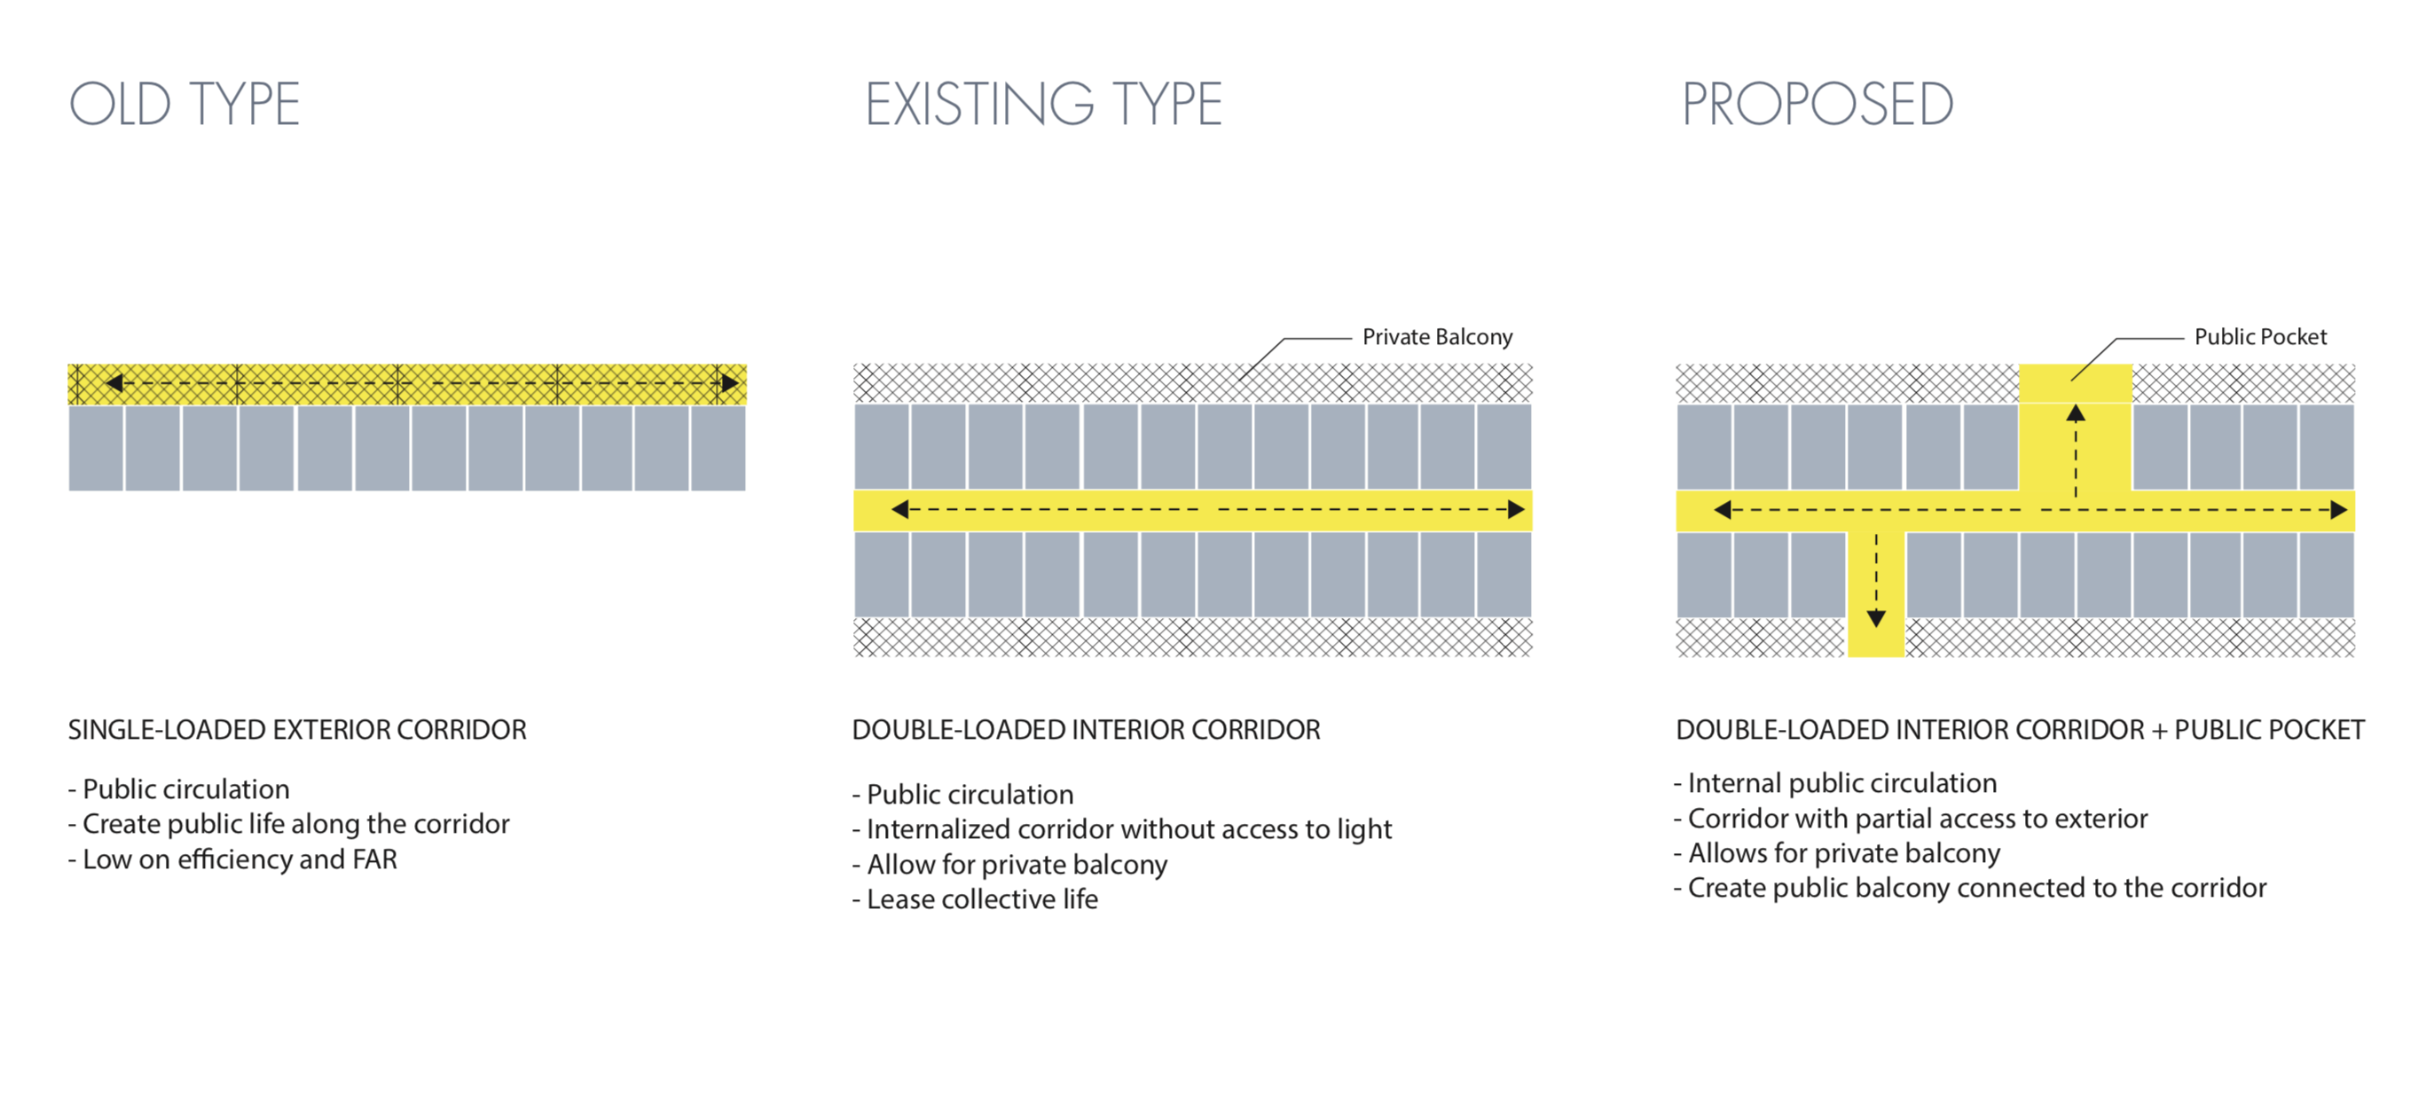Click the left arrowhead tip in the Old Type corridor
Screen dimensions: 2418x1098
(106, 383)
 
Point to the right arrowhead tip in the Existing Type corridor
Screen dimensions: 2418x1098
(1525, 510)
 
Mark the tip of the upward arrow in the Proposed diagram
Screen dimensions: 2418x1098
(2076, 404)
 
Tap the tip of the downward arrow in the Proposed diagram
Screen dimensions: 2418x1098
(1876, 627)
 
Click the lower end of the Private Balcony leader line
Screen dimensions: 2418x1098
(1238, 380)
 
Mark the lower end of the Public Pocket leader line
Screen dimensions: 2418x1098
(2070, 380)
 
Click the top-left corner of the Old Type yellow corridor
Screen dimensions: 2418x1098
(68, 365)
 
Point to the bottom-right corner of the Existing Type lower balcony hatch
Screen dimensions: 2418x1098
(1532, 656)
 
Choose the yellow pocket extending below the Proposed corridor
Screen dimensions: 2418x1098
(1876, 594)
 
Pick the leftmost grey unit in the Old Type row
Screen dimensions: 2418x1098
(96, 448)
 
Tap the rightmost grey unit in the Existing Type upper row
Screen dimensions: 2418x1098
(1503, 447)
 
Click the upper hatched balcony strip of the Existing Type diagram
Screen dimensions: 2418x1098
(1193, 383)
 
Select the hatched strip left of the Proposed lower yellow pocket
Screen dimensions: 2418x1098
(1762, 637)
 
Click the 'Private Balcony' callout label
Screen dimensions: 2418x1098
(1437, 337)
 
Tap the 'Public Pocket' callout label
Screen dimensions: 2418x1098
(2260, 337)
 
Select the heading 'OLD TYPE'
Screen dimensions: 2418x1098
(184, 104)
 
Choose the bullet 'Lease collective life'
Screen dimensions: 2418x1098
(976, 899)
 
